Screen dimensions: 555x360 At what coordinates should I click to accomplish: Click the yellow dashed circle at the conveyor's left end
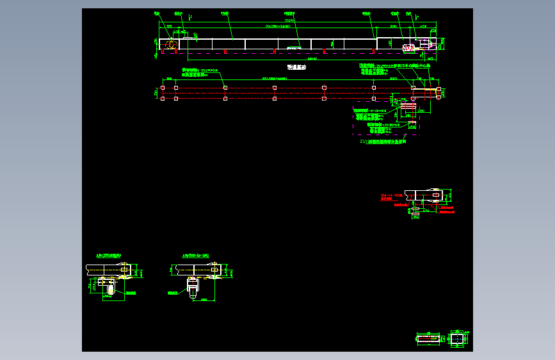(x=171, y=44)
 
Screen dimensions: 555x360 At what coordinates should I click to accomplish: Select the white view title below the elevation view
(x=296, y=67)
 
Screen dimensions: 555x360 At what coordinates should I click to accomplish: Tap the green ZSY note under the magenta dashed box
(x=383, y=142)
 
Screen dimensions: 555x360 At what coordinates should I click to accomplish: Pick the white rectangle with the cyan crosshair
(x=456, y=338)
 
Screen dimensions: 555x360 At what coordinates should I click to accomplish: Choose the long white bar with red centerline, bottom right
(x=429, y=338)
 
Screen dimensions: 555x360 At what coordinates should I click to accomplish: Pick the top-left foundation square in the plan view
(x=163, y=88)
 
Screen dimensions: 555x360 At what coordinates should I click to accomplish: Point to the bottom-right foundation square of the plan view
(x=438, y=98)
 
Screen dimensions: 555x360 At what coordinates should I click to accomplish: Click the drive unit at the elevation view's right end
(x=410, y=47)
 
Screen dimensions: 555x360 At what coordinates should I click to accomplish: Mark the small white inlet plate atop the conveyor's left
(x=187, y=37)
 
